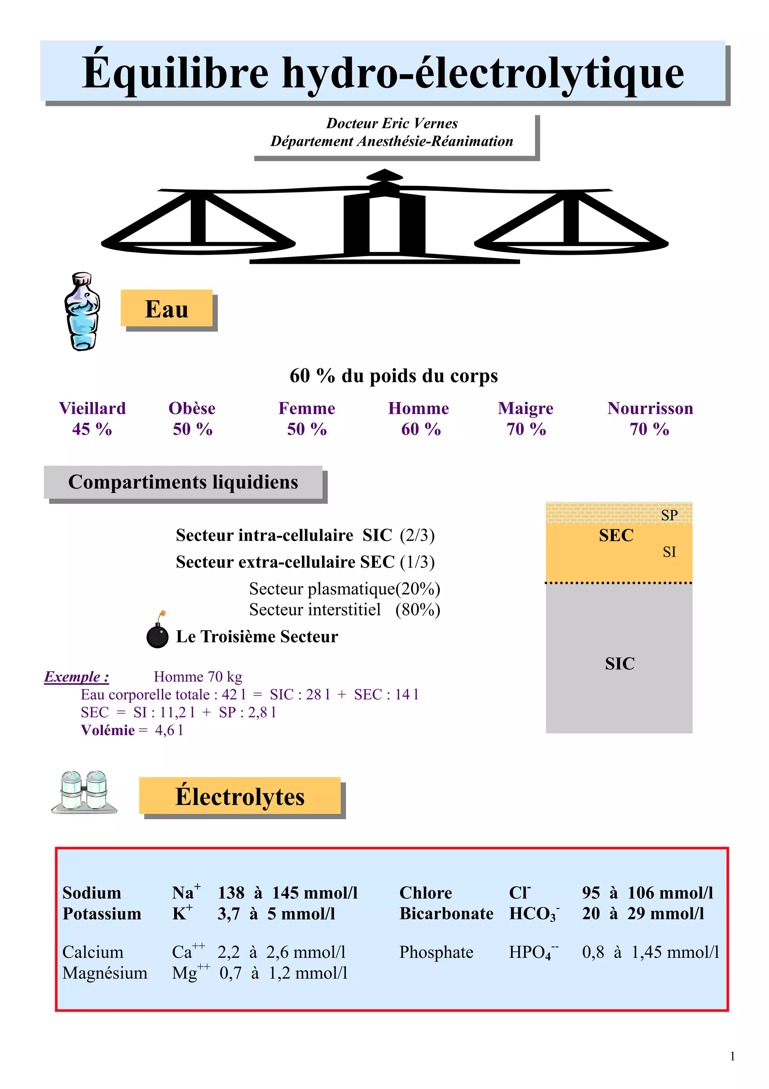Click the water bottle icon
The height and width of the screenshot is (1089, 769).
(82, 311)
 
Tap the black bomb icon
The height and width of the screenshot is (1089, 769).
(157, 634)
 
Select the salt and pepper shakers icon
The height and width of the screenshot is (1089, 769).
(84, 793)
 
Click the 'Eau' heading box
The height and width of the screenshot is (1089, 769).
(166, 309)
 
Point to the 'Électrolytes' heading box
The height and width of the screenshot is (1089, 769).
(240, 796)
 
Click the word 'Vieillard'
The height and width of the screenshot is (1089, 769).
(92, 408)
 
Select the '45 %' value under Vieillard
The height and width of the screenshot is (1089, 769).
(92, 429)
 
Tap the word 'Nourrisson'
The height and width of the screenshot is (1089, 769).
(650, 408)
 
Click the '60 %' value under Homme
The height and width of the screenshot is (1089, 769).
(421, 429)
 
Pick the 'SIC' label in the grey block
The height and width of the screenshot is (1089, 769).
(619, 664)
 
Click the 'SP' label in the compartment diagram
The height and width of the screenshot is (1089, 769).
(669, 515)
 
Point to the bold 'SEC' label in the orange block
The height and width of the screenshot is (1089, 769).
(616, 535)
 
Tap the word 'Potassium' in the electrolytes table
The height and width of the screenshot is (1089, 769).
(102, 914)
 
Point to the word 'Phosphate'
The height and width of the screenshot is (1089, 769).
(436, 952)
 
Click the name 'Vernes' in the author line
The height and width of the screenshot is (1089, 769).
(436, 123)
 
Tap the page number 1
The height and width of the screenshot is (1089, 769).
(733, 1056)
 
